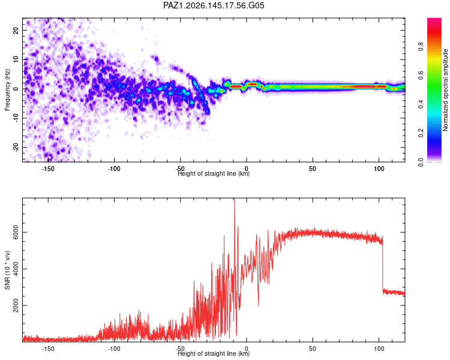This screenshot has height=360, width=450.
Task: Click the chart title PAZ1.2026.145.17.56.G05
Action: click(214, 5)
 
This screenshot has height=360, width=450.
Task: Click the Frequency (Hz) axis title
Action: click(7, 90)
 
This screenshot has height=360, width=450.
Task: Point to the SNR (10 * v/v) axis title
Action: click(7, 270)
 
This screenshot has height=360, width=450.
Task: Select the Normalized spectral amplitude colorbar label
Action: click(445, 90)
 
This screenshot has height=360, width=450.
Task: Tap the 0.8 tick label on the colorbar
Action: click(421, 47)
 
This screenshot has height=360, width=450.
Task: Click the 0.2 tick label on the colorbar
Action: click(421, 133)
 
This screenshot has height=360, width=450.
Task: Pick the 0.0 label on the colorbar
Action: click(421, 162)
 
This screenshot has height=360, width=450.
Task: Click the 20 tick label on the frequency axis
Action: click(16, 30)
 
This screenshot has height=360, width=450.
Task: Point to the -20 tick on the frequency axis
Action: click(16, 147)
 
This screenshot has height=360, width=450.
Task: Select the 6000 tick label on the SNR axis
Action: click(16, 232)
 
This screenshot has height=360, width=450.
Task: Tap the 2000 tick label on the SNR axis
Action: click(16, 305)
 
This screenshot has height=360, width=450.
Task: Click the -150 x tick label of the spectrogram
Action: click(48, 169)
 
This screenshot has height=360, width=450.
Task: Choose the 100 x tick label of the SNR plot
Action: click(379, 349)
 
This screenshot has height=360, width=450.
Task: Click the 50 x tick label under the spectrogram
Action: click(313, 169)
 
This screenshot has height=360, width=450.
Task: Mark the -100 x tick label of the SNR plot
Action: click(114, 349)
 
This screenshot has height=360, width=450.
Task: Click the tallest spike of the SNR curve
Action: click(235, 199)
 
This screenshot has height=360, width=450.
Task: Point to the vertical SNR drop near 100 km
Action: click(383, 263)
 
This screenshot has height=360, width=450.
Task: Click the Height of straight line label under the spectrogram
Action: click(214, 173)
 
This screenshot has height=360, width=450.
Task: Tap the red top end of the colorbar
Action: click(434, 20)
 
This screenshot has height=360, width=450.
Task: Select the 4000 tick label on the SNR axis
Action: click(16, 268)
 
